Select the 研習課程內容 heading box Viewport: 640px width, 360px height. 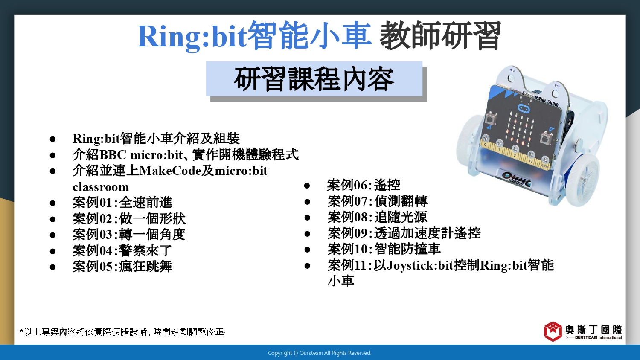314,79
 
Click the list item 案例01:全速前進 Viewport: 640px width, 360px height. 122,203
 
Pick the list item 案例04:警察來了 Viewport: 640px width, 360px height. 122,251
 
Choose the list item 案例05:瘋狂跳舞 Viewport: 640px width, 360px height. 122,267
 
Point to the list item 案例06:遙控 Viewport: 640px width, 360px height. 364,185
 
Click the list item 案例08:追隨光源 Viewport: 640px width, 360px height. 377,217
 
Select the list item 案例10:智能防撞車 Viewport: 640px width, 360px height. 384,249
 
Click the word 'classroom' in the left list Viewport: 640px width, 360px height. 101,187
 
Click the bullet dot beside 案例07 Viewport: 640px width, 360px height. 307,202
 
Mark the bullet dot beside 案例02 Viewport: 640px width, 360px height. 52,219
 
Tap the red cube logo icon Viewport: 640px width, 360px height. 553,331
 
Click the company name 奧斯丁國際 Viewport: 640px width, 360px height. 593,330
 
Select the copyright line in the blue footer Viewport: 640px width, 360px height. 320,353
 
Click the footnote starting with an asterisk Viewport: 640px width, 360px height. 122,332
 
